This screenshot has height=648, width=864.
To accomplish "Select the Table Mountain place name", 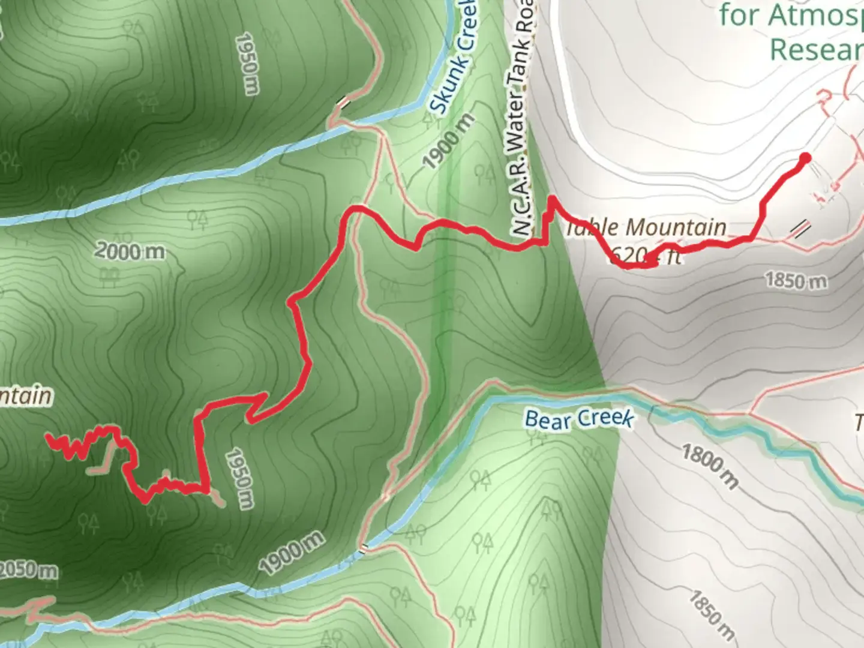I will click(x=647, y=227).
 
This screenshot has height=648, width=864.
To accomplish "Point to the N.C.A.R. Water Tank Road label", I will click(x=519, y=120).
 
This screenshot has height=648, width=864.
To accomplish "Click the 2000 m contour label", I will click(x=130, y=251).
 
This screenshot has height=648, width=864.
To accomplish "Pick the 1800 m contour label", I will click(x=710, y=466).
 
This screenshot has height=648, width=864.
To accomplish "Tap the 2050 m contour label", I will click(x=28, y=570).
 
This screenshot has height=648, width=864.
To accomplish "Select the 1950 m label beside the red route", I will click(x=238, y=478).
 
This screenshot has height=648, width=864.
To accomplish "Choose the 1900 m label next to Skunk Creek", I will click(x=448, y=142).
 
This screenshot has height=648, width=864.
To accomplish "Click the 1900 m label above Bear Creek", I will click(x=292, y=552).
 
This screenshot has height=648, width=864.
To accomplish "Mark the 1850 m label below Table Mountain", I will click(x=796, y=280).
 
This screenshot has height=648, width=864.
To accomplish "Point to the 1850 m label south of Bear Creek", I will click(x=712, y=614).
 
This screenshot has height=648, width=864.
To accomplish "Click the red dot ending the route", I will click(x=805, y=158).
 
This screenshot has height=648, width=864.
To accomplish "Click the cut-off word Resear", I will click(x=816, y=49).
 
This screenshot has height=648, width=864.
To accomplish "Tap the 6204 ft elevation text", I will click(x=646, y=257).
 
